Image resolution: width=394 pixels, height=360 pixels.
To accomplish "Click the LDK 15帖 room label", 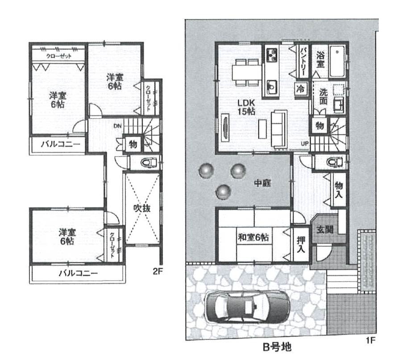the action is pyautogui.click(x=246, y=107).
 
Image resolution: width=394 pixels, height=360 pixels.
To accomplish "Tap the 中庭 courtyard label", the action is pyautogui.click(x=262, y=183).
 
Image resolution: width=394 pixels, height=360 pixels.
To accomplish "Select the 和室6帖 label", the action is pyautogui.click(x=253, y=237).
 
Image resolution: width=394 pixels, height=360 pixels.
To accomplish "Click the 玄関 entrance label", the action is pyautogui.click(x=325, y=229).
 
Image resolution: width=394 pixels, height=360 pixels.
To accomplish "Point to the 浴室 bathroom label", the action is pyautogui.click(x=320, y=59).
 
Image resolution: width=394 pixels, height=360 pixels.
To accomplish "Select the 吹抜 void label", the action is pyautogui.click(x=142, y=208).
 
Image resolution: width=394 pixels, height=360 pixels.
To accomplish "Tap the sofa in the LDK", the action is pyautogui.click(x=279, y=129).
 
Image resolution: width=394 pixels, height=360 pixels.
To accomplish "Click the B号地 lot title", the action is pyautogui.click(x=277, y=347).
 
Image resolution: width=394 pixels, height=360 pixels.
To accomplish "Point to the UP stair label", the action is pyautogui.click(x=305, y=144).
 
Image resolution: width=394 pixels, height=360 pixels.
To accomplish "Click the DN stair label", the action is pyautogui.click(x=118, y=126).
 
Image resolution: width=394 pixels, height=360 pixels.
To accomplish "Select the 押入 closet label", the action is pyautogui.click(x=301, y=244).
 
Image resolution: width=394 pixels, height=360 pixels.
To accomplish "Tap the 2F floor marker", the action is pyautogui.click(x=158, y=271).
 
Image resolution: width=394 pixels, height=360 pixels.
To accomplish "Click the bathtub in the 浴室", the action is pyautogui.click(x=337, y=61).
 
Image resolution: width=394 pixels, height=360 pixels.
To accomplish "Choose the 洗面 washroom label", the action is pyautogui.click(x=323, y=96).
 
